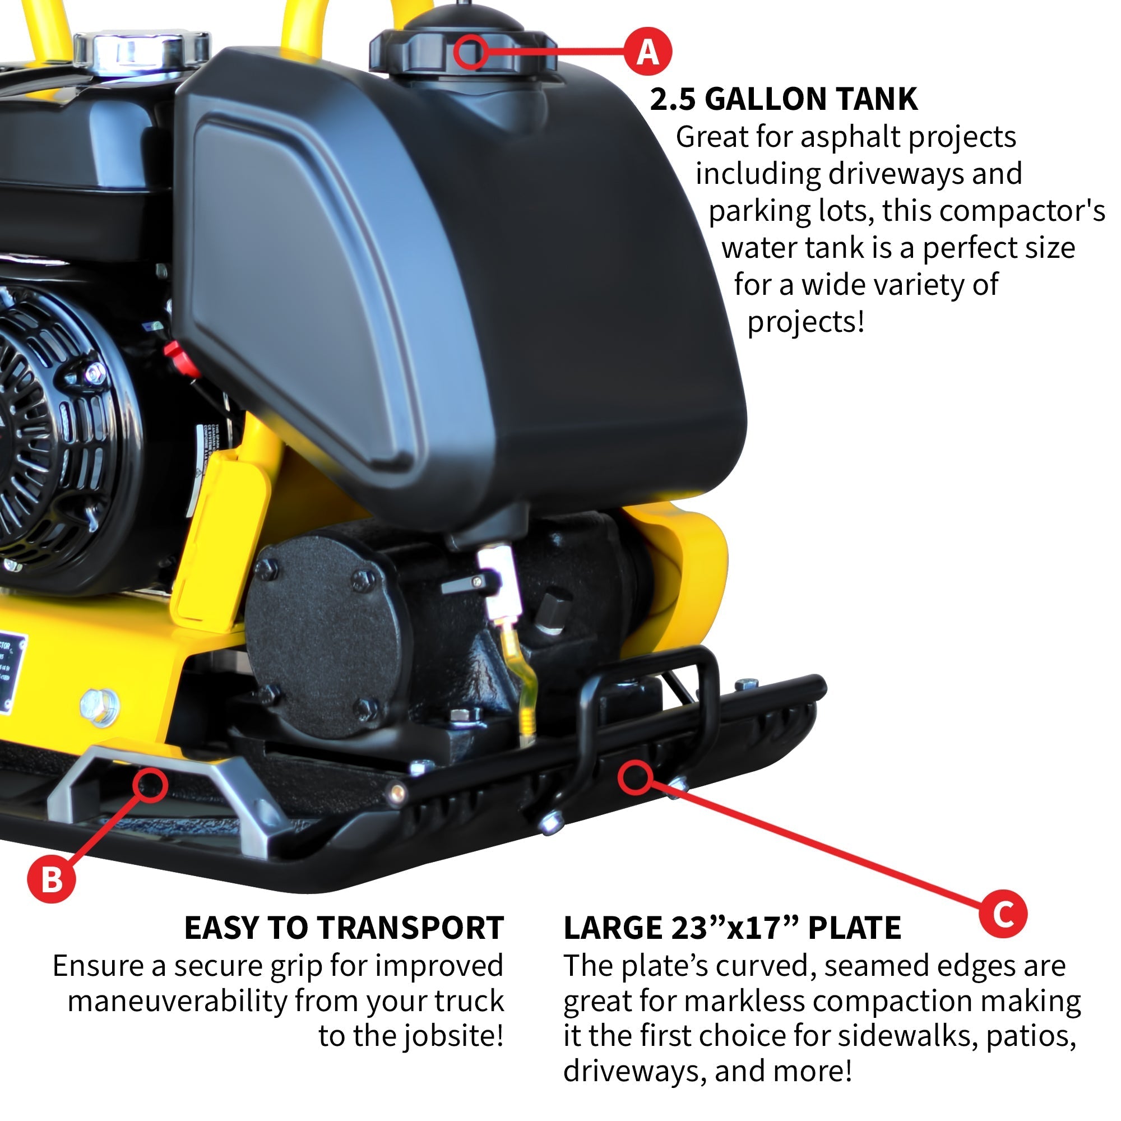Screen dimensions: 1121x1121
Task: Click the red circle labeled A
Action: click(647, 52)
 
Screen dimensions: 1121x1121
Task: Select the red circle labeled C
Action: click(1003, 914)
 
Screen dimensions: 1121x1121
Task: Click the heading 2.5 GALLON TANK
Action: click(784, 99)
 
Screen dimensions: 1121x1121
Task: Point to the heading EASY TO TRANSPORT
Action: click(344, 928)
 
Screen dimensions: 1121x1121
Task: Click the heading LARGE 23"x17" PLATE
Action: click(731, 928)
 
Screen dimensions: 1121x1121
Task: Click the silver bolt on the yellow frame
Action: click(100, 708)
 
